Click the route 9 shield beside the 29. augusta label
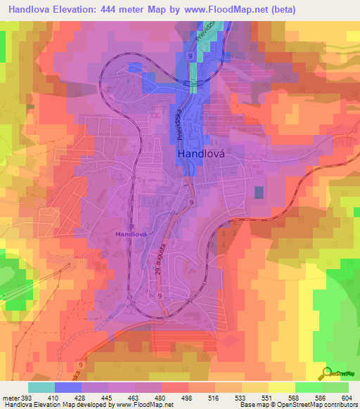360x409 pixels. [x=159, y=297]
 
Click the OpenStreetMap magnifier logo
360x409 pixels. [x=327, y=372]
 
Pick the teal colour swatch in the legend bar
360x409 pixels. [x=41, y=387]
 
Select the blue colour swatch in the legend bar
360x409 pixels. [x=67, y=387]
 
